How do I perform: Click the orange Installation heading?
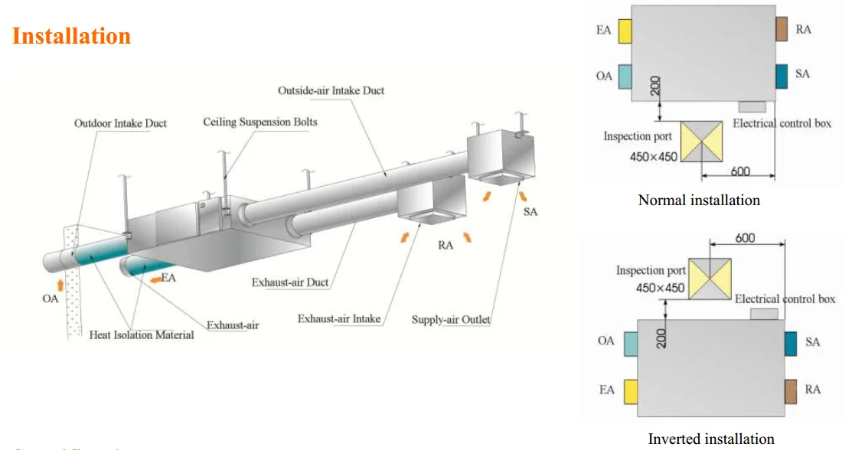[71, 36]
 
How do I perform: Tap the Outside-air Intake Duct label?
[331, 90]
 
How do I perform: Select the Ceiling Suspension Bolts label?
[260, 122]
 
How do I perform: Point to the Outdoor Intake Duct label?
[120, 123]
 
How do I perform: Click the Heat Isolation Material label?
[142, 334]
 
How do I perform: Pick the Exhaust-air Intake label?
[339, 318]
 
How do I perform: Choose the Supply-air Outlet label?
[451, 319]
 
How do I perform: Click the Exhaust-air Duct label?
[290, 282]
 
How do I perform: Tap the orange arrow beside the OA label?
[60, 285]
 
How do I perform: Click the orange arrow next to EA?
[155, 279]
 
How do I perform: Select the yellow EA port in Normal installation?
[625, 31]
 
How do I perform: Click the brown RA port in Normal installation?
[782, 29]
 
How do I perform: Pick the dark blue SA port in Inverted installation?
[791, 344]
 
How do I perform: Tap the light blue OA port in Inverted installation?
[631, 344]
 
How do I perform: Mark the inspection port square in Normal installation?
[701, 142]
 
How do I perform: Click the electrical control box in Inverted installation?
[764, 314]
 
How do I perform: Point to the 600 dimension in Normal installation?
[740, 171]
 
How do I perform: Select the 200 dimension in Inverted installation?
[661, 338]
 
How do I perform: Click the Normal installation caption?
[699, 201]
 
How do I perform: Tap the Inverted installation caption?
[711, 439]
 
